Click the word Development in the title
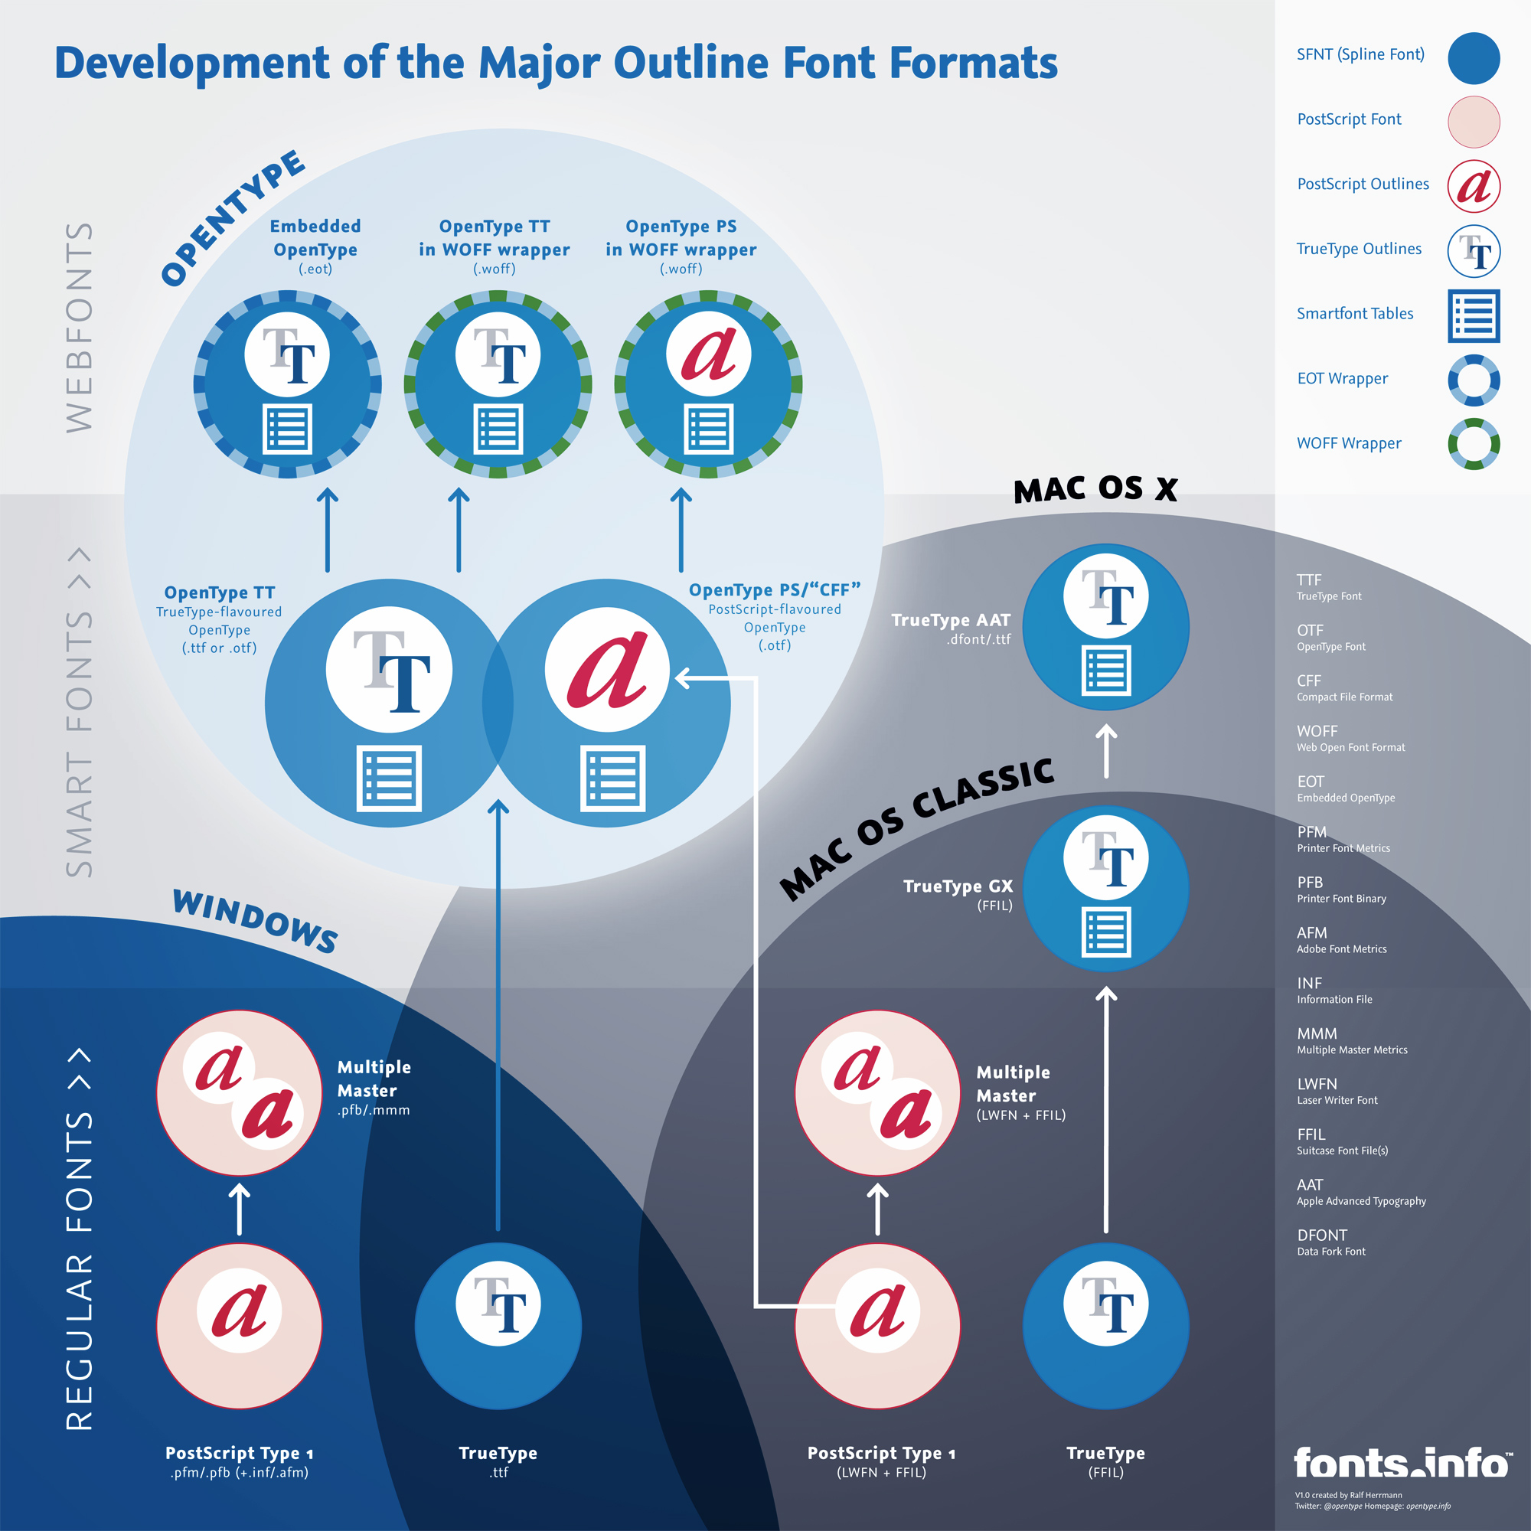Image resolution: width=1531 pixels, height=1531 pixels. pos(192,64)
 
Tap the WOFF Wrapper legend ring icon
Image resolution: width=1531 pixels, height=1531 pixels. pos(1473,444)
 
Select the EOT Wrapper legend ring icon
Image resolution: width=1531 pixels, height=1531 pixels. pos(1473,380)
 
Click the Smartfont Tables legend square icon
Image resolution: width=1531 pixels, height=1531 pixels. pos(1473,315)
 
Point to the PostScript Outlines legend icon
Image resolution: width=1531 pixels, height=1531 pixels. pos(1473,186)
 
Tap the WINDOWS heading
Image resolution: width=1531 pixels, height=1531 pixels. pos(255,921)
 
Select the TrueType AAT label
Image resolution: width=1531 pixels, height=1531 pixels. pos(950,621)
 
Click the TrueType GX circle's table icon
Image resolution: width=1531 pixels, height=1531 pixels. pos(1105,932)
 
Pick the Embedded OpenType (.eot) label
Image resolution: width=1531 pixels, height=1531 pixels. pos(315,246)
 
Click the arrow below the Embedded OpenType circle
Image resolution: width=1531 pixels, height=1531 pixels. pos(328,530)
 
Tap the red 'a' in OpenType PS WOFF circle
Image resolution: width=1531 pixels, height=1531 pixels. pos(708,354)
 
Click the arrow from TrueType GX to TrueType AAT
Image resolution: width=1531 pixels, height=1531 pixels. pos(1105,750)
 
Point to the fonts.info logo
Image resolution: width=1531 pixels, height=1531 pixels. pos(1401,1463)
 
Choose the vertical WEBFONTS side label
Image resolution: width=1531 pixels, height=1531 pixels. pos(80,328)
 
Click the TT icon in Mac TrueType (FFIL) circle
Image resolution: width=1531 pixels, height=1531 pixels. pos(1105,1304)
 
